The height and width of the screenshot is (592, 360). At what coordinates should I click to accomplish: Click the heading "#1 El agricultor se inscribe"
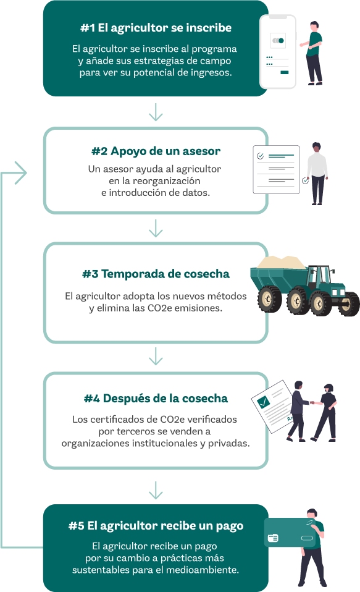(x=156, y=28)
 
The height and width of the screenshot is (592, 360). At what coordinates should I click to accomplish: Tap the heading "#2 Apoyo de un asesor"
(x=156, y=151)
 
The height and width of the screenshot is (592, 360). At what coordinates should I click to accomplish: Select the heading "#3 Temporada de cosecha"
(x=156, y=274)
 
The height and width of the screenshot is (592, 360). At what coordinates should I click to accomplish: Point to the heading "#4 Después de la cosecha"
(x=156, y=399)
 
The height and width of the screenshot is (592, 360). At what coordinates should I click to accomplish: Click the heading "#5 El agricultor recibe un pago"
(x=156, y=525)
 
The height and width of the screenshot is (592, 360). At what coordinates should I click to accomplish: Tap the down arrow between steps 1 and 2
(x=156, y=112)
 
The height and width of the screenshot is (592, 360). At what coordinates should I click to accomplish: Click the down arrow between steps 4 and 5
(x=156, y=490)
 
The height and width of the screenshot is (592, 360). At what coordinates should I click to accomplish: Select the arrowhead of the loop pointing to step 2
(x=22, y=173)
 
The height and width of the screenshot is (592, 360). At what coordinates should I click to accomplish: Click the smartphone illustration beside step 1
(x=278, y=52)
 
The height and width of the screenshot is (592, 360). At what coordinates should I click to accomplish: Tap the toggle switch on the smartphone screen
(x=278, y=40)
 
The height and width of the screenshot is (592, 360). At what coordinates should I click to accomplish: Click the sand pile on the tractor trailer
(x=282, y=263)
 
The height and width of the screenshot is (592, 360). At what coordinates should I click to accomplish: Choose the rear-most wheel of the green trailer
(x=269, y=299)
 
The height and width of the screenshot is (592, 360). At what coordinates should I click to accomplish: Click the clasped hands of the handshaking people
(x=312, y=402)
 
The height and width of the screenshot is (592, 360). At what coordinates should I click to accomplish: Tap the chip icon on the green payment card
(x=273, y=538)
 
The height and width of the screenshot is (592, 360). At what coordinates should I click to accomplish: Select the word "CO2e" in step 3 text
(x=159, y=308)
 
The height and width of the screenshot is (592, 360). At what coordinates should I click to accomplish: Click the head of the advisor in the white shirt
(x=317, y=148)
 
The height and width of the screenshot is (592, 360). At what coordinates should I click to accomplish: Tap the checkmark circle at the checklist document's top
(x=260, y=156)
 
